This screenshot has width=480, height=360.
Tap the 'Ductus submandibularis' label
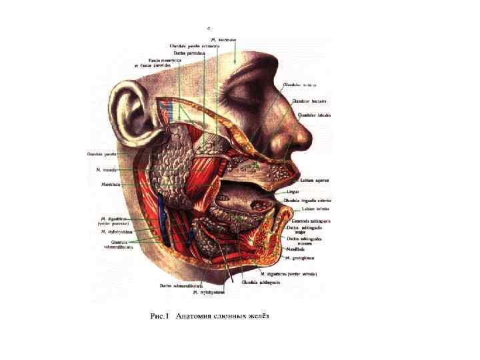(x=175, y=285)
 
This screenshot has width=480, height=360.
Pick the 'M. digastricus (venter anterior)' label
(x=288, y=273)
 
